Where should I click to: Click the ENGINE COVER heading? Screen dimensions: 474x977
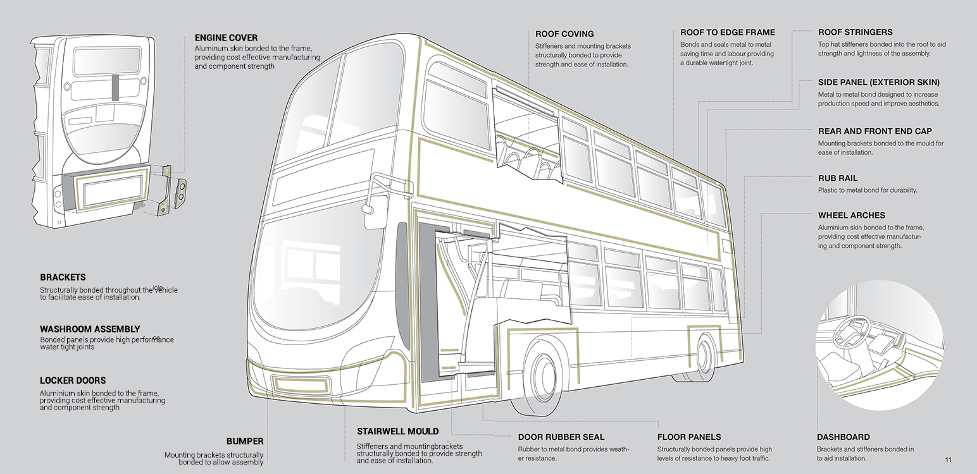[226, 38]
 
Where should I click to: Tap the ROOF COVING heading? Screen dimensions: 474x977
[564, 34]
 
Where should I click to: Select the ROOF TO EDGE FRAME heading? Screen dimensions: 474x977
[728, 32]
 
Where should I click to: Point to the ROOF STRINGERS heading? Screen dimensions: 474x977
[855, 32]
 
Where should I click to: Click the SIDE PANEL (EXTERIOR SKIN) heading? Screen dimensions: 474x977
[878, 83]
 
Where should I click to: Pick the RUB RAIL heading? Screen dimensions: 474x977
[838, 179]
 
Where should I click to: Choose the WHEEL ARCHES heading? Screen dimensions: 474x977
[851, 216]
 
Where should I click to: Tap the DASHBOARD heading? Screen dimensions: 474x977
[843, 437]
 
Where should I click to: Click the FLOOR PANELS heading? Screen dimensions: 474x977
[689, 437]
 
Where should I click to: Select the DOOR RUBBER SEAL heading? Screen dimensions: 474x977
[561, 437]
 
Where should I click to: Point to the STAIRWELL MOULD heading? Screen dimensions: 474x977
[397, 432]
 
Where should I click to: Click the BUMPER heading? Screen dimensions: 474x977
[245, 442]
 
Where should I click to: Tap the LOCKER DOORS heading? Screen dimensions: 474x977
[73, 380]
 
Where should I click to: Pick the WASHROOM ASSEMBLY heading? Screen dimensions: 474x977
[90, 329]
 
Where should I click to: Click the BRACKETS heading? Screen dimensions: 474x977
[63, 277]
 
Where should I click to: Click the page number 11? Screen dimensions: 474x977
[948, 459]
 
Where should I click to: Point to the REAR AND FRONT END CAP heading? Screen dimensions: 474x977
[874, 131]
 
